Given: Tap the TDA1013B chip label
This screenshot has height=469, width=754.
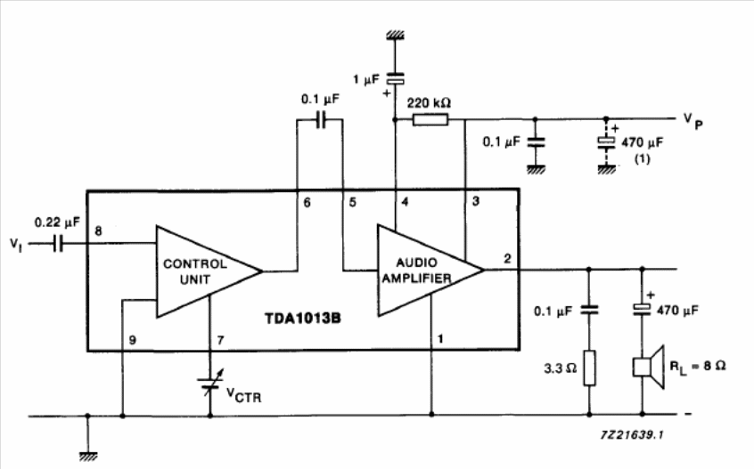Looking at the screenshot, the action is click(x=302, y=319).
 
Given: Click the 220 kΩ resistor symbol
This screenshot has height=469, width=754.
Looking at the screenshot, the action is click(x=430, y=119).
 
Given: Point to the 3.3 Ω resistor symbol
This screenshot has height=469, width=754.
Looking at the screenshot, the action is click(x=589, y=368).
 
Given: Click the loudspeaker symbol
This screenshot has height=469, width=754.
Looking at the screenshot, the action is click(x=648, y=368).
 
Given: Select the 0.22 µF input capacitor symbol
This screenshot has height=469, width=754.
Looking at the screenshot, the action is click(x=58, y=243).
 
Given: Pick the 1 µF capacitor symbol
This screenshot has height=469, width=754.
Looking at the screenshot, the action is click(x=396, y=78).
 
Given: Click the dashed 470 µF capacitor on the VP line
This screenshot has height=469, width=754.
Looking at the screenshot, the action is click(x=606, y=142).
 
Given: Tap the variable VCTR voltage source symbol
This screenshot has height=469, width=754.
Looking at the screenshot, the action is click(x=210, y=383).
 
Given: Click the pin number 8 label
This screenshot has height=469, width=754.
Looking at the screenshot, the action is click(x=98, y=231).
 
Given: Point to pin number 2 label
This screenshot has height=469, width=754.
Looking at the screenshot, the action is click(x=507, y=258).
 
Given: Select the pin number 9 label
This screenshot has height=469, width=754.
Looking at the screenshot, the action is click(x=132, y=340).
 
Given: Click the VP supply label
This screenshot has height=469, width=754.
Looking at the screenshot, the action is click(x=693, y=121).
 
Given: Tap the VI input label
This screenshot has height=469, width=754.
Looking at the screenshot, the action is click(x=16, y=245).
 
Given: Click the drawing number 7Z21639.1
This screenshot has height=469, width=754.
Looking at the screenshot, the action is click(x=632, y=435).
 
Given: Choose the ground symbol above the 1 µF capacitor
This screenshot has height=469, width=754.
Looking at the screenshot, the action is click(x=396, y=35).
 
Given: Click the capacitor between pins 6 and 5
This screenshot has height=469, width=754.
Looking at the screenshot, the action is click(x=321, y=119).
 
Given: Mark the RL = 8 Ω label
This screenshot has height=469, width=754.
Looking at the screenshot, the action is click(x=697, y=368).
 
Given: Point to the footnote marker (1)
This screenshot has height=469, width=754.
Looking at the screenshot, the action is click(x=643, y=158).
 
